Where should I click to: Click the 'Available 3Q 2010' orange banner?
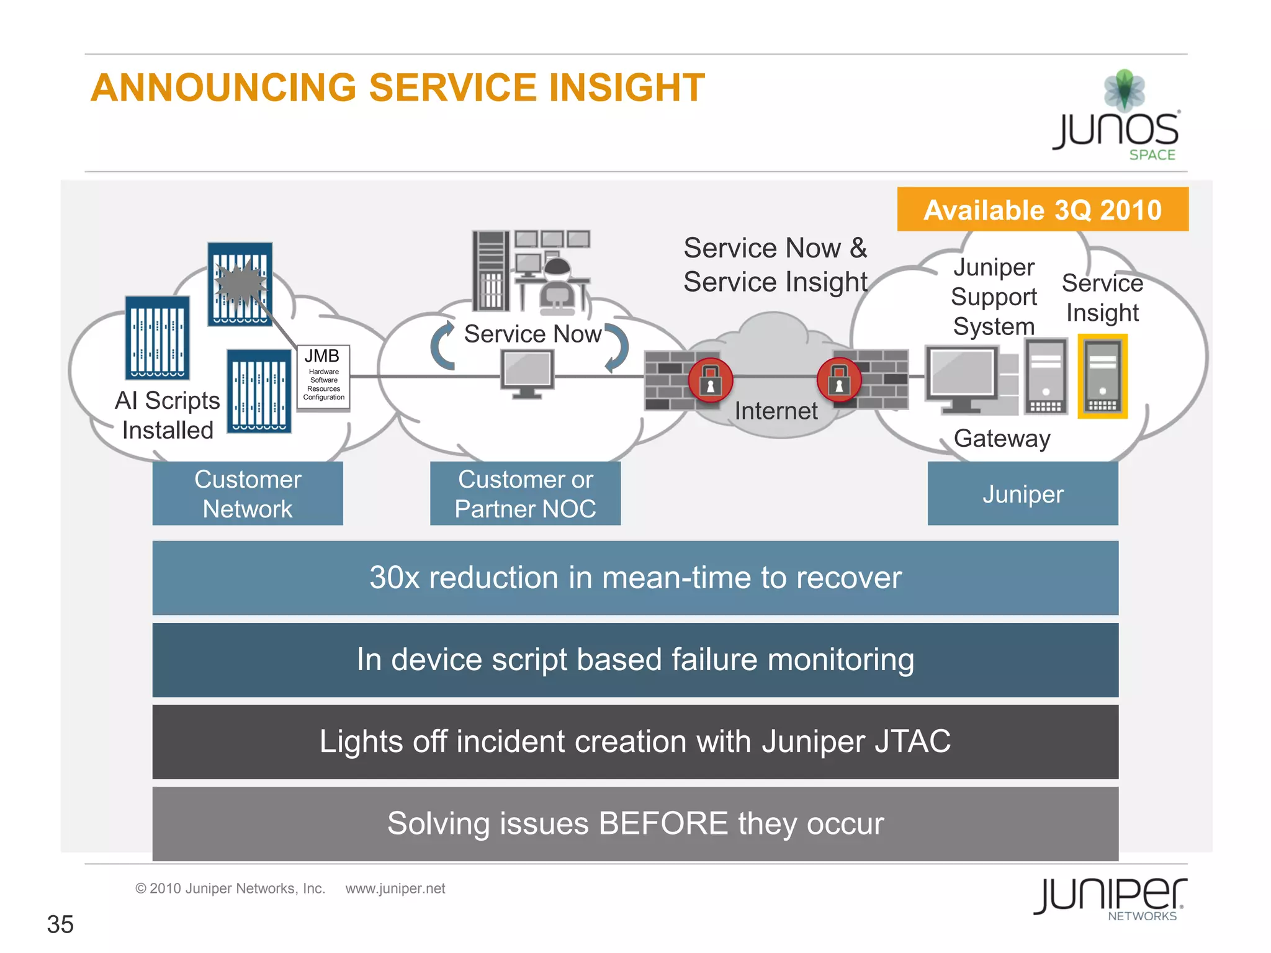coord(1042,209)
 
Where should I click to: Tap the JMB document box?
coord(323,377)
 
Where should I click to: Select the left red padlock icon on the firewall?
coord(711,380)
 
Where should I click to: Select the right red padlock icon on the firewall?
coord(839,380)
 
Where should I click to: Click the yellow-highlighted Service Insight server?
coord(1102,377)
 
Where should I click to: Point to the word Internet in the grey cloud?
coord(776,411)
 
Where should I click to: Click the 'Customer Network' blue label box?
coord(248,494)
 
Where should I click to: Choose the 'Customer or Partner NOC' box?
coord(525,494)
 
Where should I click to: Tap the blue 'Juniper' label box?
coord(1022,494)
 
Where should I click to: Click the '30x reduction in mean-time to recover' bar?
coord(635,578)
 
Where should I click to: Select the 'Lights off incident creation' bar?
coord(635,741)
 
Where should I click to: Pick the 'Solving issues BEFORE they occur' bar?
coord(635,823)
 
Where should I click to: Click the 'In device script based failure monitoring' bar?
coord(635,660)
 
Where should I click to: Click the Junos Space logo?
coord(1117,118)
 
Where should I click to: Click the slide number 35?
coord(60,924)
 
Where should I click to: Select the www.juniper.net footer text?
coord(395,888)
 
